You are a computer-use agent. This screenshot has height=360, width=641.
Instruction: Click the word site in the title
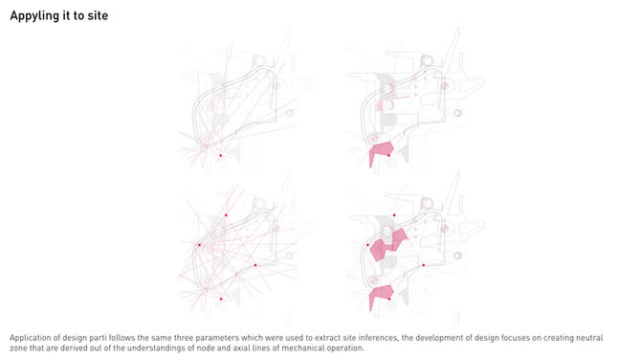point(98,15)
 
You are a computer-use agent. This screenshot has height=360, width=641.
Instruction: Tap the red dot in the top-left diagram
point(221,155)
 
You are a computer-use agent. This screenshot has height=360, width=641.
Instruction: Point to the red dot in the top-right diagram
point(388,155)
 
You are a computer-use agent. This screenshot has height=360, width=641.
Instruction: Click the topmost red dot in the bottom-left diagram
point(226,215)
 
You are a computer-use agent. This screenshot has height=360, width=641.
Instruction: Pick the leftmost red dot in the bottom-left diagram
point(200,245)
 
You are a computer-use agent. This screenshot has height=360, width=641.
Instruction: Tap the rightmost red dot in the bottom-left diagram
point(255,265)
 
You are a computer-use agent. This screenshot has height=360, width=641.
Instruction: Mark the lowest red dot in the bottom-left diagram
point(221,299)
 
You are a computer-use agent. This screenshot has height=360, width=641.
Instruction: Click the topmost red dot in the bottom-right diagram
point(394,215)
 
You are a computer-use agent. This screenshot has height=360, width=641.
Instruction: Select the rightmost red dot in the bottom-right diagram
point(424,265)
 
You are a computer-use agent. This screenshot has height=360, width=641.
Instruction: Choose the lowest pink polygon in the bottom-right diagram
point(381,297)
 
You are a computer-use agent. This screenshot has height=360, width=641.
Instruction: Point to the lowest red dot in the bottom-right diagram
point(389,299)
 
